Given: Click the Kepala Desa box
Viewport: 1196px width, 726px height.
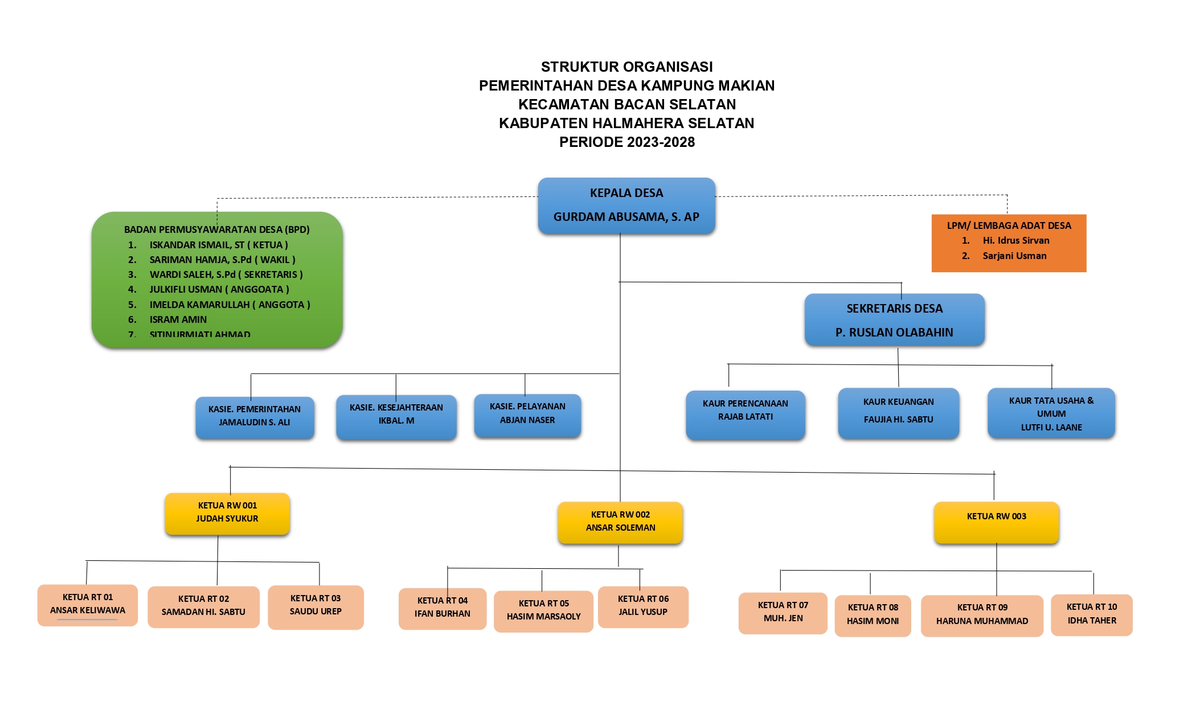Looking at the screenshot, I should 626,205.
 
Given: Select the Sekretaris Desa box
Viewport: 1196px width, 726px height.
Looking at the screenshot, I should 894,320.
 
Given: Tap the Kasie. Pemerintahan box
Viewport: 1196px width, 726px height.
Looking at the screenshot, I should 255,416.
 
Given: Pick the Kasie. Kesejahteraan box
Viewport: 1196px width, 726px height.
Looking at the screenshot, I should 396,415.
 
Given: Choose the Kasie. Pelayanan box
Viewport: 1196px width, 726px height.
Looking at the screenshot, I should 527,414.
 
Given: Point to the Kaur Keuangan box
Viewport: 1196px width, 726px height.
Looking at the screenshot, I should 898,412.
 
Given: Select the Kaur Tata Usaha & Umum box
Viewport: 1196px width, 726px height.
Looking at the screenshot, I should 1051,413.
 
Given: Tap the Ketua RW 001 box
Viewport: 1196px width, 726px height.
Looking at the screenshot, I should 227,513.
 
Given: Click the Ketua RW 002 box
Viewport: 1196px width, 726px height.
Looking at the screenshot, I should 620,522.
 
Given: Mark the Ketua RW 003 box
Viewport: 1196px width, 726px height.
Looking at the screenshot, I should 996,521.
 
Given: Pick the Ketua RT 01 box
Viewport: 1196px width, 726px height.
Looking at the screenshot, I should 88,604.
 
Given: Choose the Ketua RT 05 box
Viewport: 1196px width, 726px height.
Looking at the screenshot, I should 543,610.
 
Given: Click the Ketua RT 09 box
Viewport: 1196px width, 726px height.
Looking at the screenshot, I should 982,615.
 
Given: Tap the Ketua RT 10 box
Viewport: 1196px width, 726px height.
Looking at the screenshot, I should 1091,614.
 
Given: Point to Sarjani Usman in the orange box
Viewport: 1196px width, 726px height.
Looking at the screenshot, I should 1014,256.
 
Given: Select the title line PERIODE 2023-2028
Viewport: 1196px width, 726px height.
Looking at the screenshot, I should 626,142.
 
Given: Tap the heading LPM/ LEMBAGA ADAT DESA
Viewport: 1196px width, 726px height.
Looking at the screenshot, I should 1009,225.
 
